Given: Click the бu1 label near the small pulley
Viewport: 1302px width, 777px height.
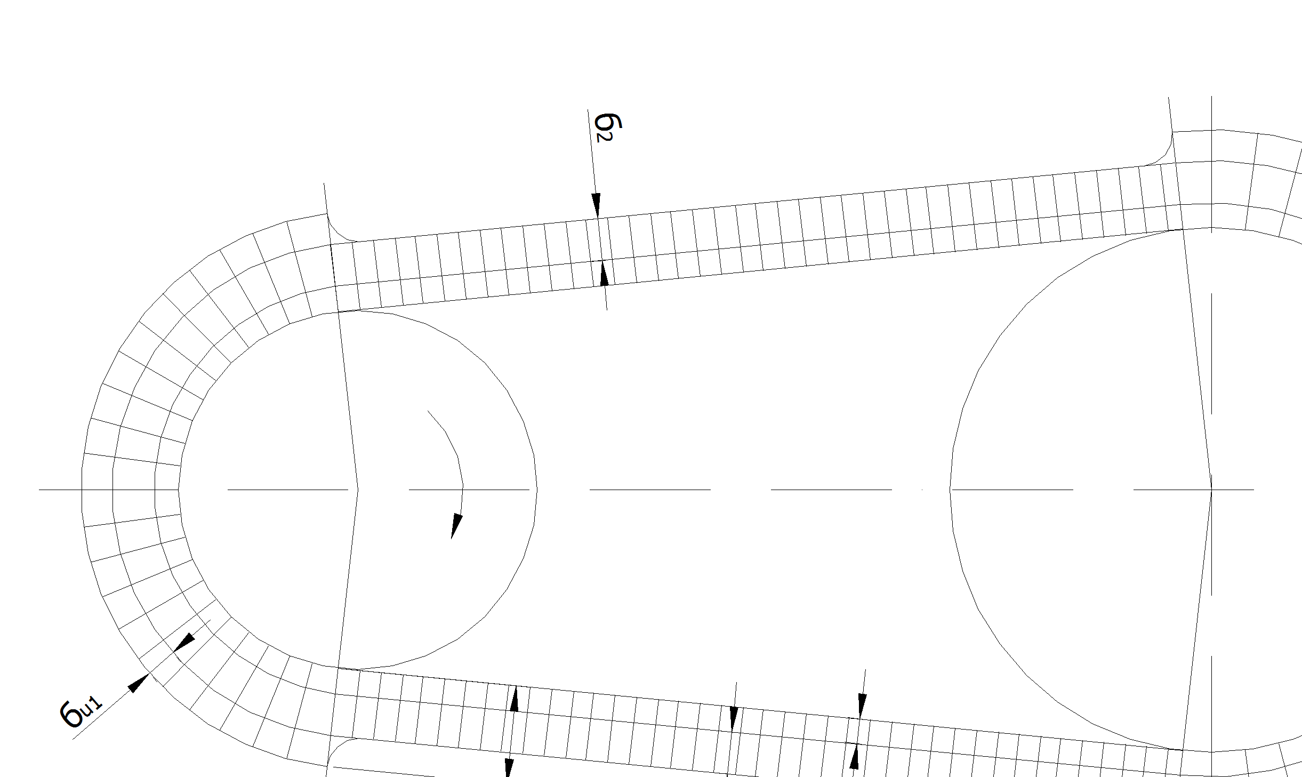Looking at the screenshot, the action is pos(80,712).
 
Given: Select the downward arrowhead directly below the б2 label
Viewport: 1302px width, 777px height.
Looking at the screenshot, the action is pos(596,205).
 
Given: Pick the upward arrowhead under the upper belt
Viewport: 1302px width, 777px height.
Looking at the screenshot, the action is pos(604,273).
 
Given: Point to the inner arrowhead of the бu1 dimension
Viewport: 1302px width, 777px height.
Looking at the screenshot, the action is pos(184,642).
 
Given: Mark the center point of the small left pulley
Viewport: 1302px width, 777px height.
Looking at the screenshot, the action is pos(357,489).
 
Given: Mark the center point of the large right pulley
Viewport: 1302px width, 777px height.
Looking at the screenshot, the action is pos(1211,489).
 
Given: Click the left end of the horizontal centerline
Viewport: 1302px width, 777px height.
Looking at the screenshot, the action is pos(39,489).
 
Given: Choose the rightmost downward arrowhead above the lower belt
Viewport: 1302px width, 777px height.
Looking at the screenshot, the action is pos(862,706).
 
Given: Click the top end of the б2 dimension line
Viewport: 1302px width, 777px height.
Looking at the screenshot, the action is pos(588,110).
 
